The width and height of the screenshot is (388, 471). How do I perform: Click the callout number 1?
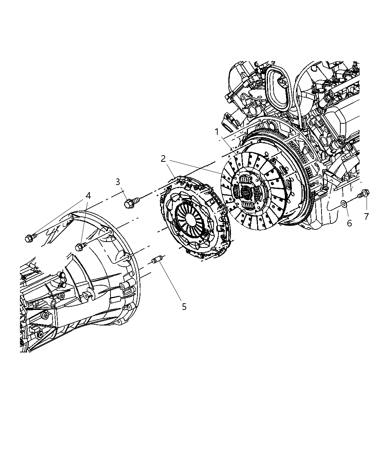click(217, 132)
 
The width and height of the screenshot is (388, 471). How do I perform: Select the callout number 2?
click(163, 159)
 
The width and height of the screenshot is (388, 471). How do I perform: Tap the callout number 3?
click(118, 182)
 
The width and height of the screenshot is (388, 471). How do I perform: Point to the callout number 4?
click(88, 195)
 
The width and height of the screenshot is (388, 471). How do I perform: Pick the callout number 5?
click(184, 307)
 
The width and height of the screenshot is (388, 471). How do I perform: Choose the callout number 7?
click(366, 216)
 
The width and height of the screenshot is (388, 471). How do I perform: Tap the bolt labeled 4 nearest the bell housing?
click(80, 246)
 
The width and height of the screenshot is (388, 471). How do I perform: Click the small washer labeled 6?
click(343, 202)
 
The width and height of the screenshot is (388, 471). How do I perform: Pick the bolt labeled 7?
click(364, 194)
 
